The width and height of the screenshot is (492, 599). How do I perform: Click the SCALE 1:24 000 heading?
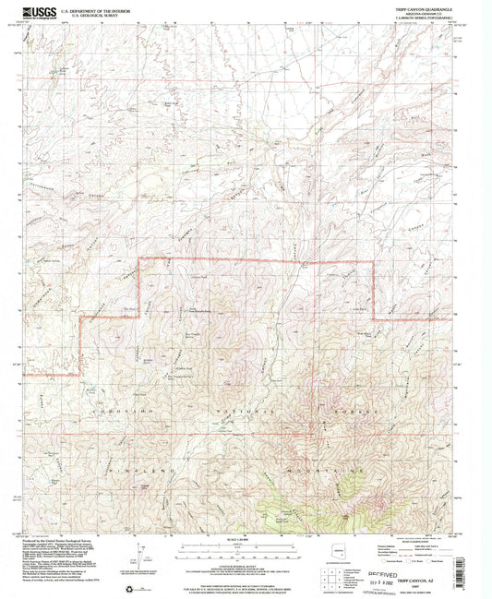(246, 540)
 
